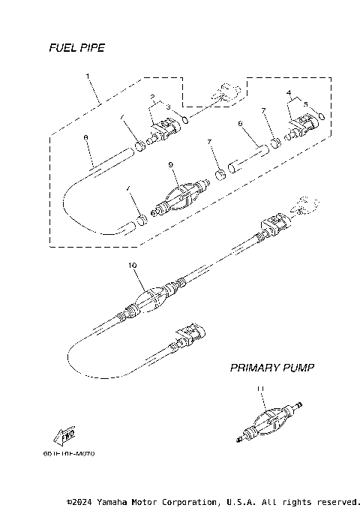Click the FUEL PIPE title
coord(76,48)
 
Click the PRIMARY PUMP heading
coord(271,368)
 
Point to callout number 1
coord(88,76)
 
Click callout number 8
coord(86,137)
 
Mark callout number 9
coord(170,164)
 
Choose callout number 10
coord(133,265)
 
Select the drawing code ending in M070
coord(69,454)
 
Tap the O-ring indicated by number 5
coord(321,116)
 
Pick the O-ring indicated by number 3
coord(184,119)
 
